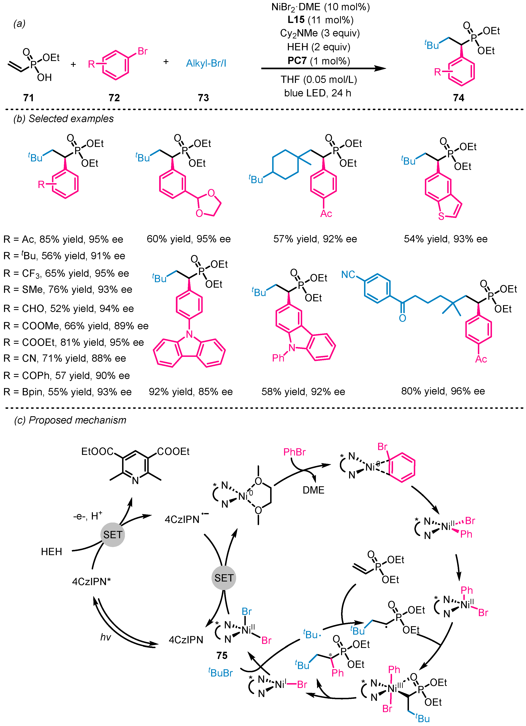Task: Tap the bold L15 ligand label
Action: click(296, 20)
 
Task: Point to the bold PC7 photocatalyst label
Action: click(297, 61)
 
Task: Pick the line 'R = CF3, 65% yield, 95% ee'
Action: click(66, 273)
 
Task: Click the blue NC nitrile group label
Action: click(348, 274)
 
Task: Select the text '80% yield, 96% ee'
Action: click(443, 391)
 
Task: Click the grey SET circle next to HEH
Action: click(112, 535)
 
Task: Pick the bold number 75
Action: click(222, 655)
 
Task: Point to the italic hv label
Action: click(105, 637)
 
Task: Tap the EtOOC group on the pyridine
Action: click(97, 451)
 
